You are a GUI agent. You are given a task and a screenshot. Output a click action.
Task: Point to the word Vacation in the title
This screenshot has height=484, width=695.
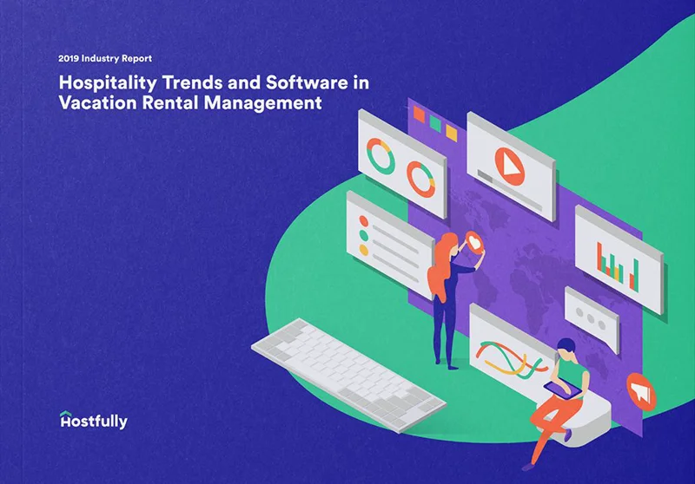pyautogui.click(x=92, y=104)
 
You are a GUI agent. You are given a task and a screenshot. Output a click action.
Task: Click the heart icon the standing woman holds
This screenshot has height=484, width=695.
pyautogui.click(x=476, y=239)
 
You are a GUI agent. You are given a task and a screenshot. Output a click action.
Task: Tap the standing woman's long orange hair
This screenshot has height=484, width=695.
pyautogui.click(x=442, y=265)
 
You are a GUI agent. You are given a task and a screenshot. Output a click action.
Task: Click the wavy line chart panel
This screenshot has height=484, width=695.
pyautogui.click(x=513, y=348)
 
